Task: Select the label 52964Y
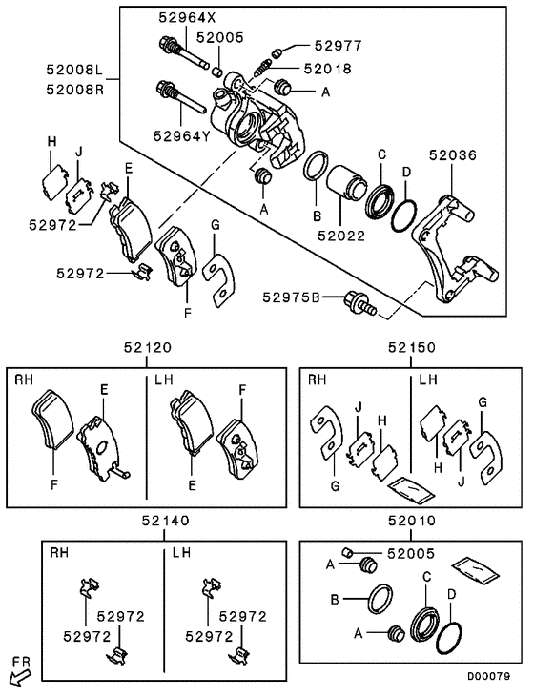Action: click(x=180, y=135)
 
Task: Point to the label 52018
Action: click(x=327, y=69)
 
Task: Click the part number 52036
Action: click(x=452, y=155)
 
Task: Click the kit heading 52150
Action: click(x=411, y=350)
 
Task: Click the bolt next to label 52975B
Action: click(x=357, y=304)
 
